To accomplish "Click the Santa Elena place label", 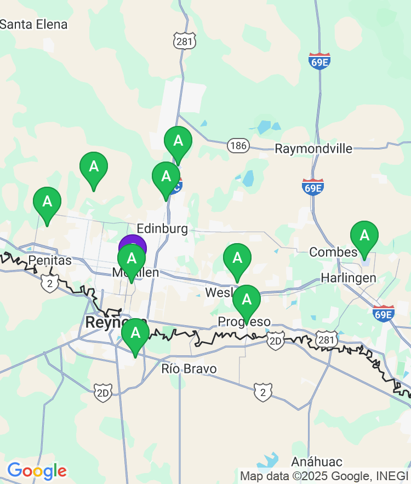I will [x=33, y=24].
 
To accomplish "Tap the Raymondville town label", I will [x=313, y=148].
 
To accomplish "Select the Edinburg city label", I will [x=162, y=228].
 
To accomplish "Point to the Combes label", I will [x=333, y=252].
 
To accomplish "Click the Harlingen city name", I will [x=349, y=278].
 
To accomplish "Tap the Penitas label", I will [x=50, y=261].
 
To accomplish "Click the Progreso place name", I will [x=244, y=321].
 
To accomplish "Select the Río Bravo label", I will [x=189, y=368].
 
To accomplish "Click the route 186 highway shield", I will [x=238, y=145].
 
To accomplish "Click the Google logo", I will [x=37, y=470].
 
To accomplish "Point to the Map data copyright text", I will [x=324, y=476].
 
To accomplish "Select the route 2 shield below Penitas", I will [x=49, y=283].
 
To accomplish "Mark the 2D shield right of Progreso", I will [x=276, y=341].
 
